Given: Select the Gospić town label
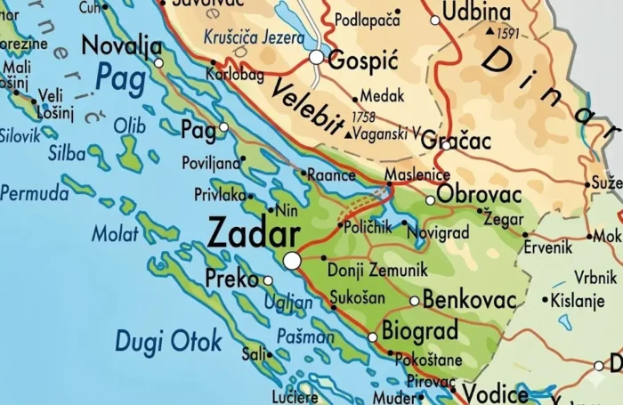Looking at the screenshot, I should [x=361, y=60].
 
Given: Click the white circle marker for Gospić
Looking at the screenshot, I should [x=317, y=57].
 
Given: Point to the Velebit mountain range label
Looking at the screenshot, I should [x=307, y=107].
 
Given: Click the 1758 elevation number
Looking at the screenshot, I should [x=363, y=117].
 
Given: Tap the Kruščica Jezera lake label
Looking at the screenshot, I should [x=252, y=39].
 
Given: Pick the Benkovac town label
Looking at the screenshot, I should [x=469, y=299].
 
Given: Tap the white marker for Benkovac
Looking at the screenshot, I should [x=415, y=301].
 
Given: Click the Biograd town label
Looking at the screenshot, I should [x=420, y=331].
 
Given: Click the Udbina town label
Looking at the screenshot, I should [x=477, y=13].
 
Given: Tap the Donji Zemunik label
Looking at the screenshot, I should [x=377, y=269].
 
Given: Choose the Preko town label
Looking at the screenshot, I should [x=231, y=279].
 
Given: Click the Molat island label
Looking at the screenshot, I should [x=116, y=234].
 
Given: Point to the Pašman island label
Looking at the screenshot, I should [x=305, y=336].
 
